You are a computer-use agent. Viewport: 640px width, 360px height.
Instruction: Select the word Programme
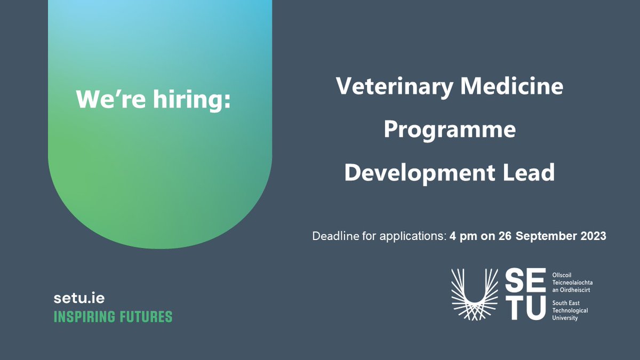tap(450, 130)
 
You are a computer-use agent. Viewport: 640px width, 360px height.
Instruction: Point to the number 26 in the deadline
tap(505, 236)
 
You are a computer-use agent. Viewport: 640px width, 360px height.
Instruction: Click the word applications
tap(411, 236)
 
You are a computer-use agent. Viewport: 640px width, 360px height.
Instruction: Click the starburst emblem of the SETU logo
tap(475, 294)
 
